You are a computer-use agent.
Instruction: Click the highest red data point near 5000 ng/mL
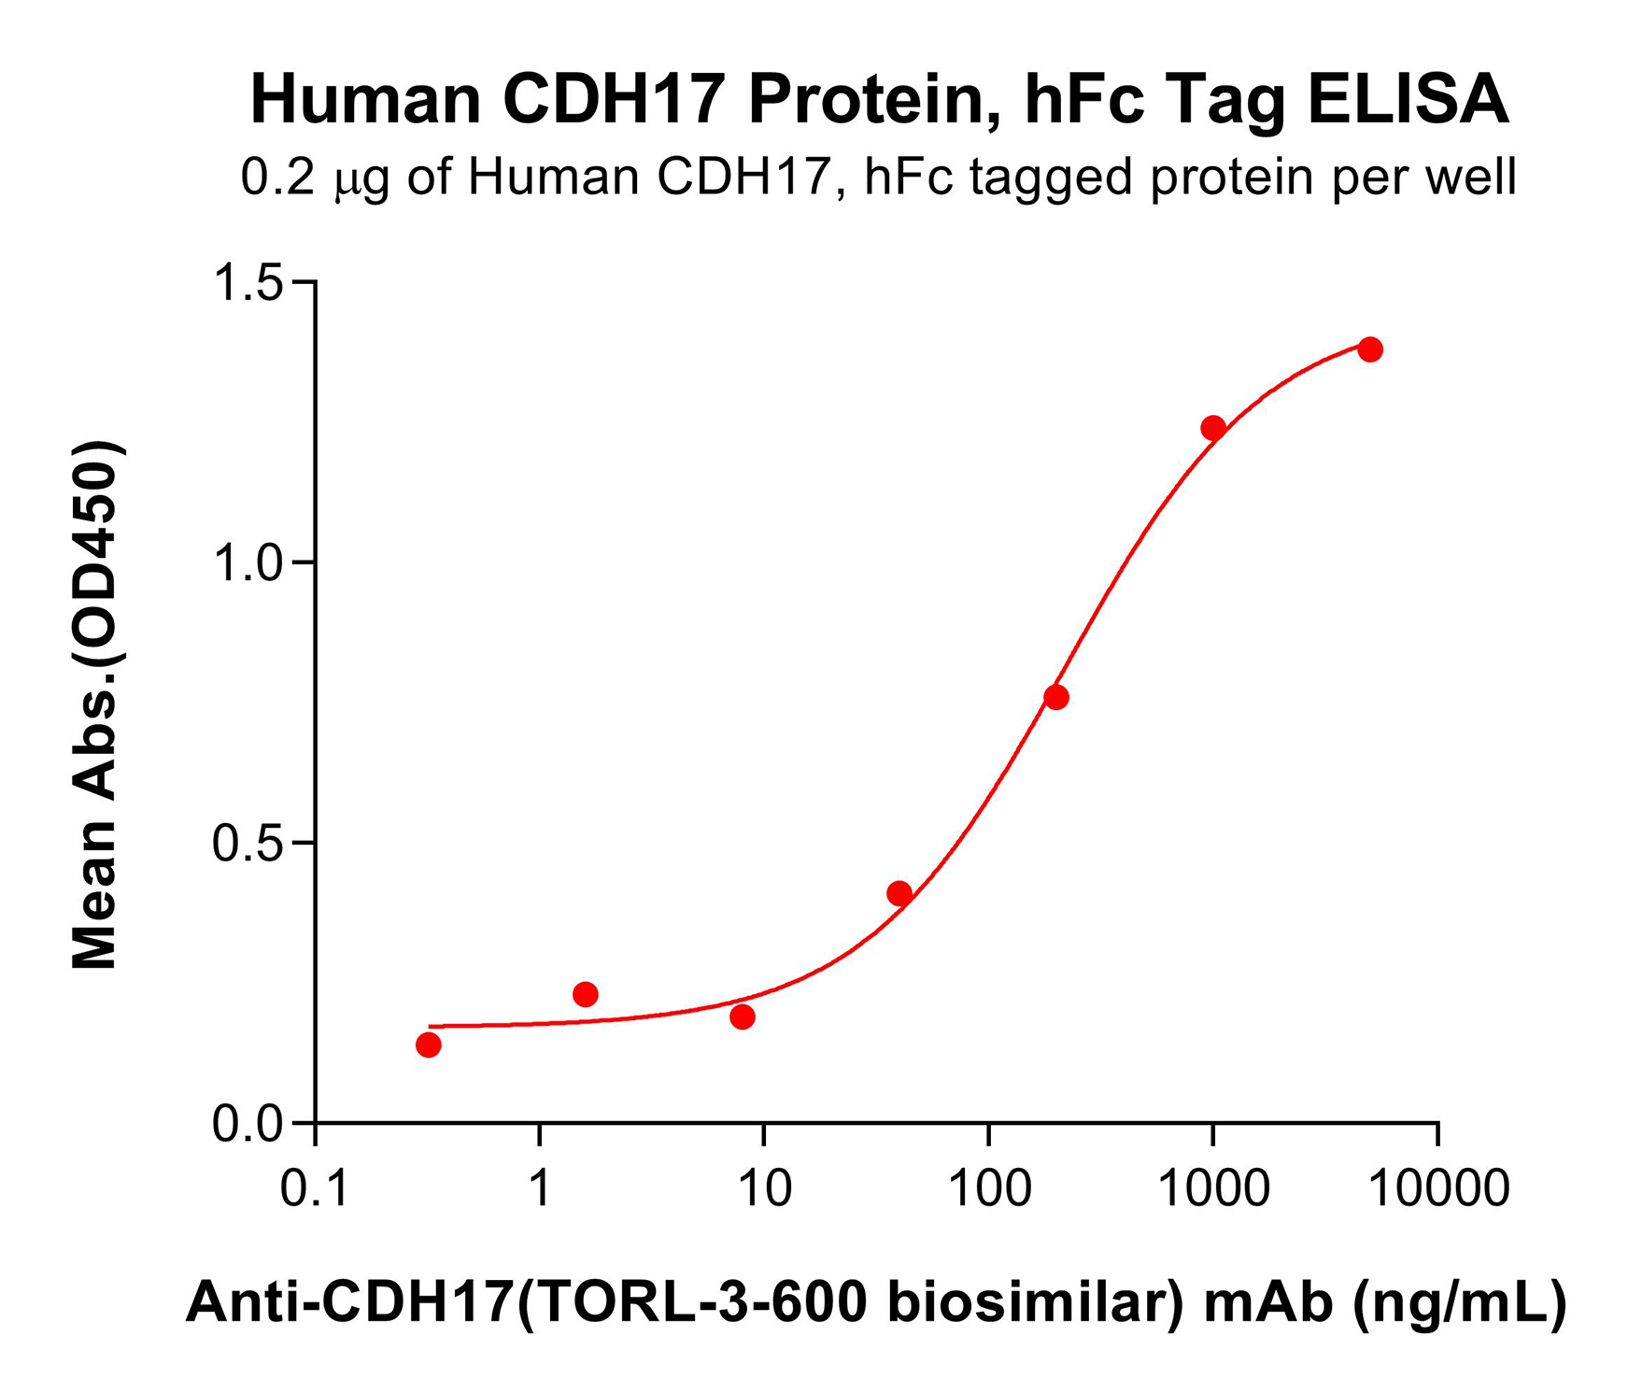[x=1369, y=350]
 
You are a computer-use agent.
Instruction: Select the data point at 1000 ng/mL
[x=1212, y=429]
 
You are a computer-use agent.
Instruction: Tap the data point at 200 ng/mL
[x=1056, y=697]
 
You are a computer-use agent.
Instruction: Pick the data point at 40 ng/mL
[x=899, y=893]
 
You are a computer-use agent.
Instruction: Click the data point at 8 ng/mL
[x=743, y=1016]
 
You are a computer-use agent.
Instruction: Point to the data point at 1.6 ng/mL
[x=586, y=994]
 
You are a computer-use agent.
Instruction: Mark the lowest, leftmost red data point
[x=429, y=1045]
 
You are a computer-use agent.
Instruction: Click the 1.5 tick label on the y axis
[x=248, y=282]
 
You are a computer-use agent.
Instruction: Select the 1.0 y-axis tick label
[x=248, y=563]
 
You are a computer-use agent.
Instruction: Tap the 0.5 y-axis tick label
[x=248, y=844]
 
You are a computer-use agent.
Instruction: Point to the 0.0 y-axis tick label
[x=248, y=1124]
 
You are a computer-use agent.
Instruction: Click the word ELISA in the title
[x=1408, y=100]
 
